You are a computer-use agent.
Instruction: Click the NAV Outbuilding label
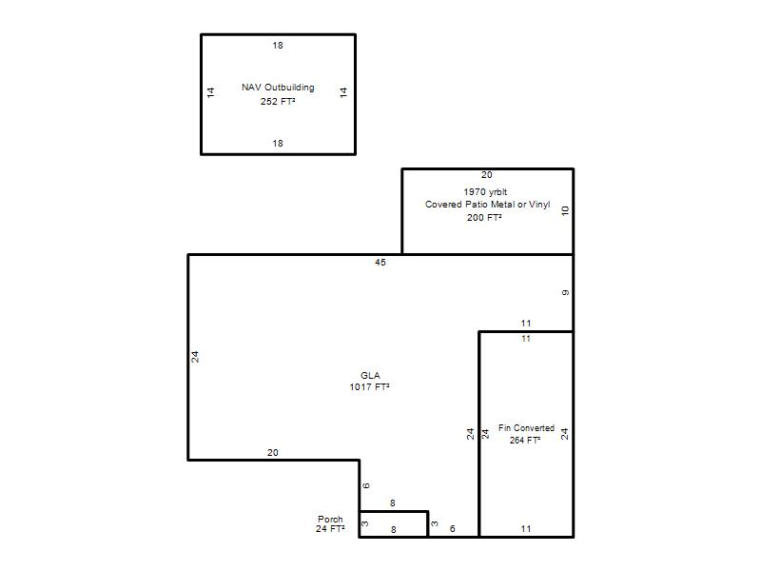[x=278, y=88]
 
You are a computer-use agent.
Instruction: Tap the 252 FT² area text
[x=278, y=101]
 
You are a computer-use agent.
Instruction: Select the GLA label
[x=370, y=375]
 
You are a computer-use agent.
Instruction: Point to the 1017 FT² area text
[x=369, y=387]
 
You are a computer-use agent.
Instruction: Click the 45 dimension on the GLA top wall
[x=380, y=263]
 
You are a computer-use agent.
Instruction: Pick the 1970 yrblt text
[x=485, y=192]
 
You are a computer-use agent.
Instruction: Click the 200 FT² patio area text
[x=484, y=218]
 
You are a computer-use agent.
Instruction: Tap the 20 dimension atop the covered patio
[x=487, y=175]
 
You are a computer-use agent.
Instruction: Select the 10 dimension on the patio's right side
[x=565, y=210]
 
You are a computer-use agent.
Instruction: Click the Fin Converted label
[x=526, y=427]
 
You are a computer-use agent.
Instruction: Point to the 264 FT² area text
[x=525, y=440]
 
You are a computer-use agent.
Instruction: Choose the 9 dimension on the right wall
[x=565, y=293]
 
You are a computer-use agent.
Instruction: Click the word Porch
[x=330, y=519]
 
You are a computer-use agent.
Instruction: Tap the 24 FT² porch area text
[x=330, y=529]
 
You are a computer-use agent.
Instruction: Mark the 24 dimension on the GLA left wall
[x=195, y=357]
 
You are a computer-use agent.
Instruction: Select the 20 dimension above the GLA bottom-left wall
[x=273, y=453]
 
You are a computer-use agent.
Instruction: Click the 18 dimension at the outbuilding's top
[x=278, y=45]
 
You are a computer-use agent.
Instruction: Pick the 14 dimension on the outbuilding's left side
[x=210, y=92]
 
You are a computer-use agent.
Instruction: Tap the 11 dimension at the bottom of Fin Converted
[x=526, y=529]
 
